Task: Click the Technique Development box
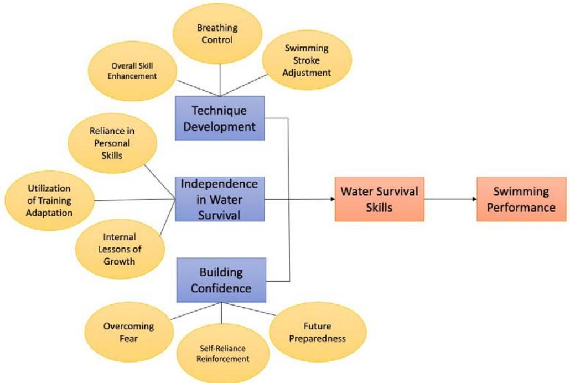[x=220, y=118]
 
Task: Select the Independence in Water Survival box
[x=220, y=199]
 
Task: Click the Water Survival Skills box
[x=379, y=199]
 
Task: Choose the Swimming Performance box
[x=521, y=199]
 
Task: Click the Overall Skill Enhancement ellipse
[x=132, y=71]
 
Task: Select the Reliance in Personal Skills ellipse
[x=112, y=143]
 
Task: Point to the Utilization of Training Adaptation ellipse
[x=49, y=200]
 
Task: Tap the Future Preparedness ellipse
[x=317, y=332]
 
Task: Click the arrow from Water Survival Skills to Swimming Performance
[x=450, y=199]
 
